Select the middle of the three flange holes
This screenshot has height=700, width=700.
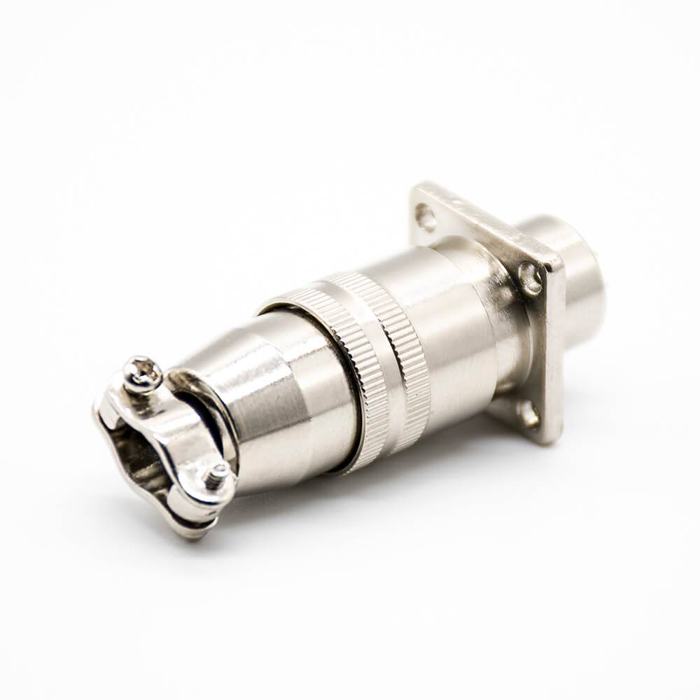[x=532, y=279]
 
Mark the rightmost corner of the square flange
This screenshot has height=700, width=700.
[x=560, y=266]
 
